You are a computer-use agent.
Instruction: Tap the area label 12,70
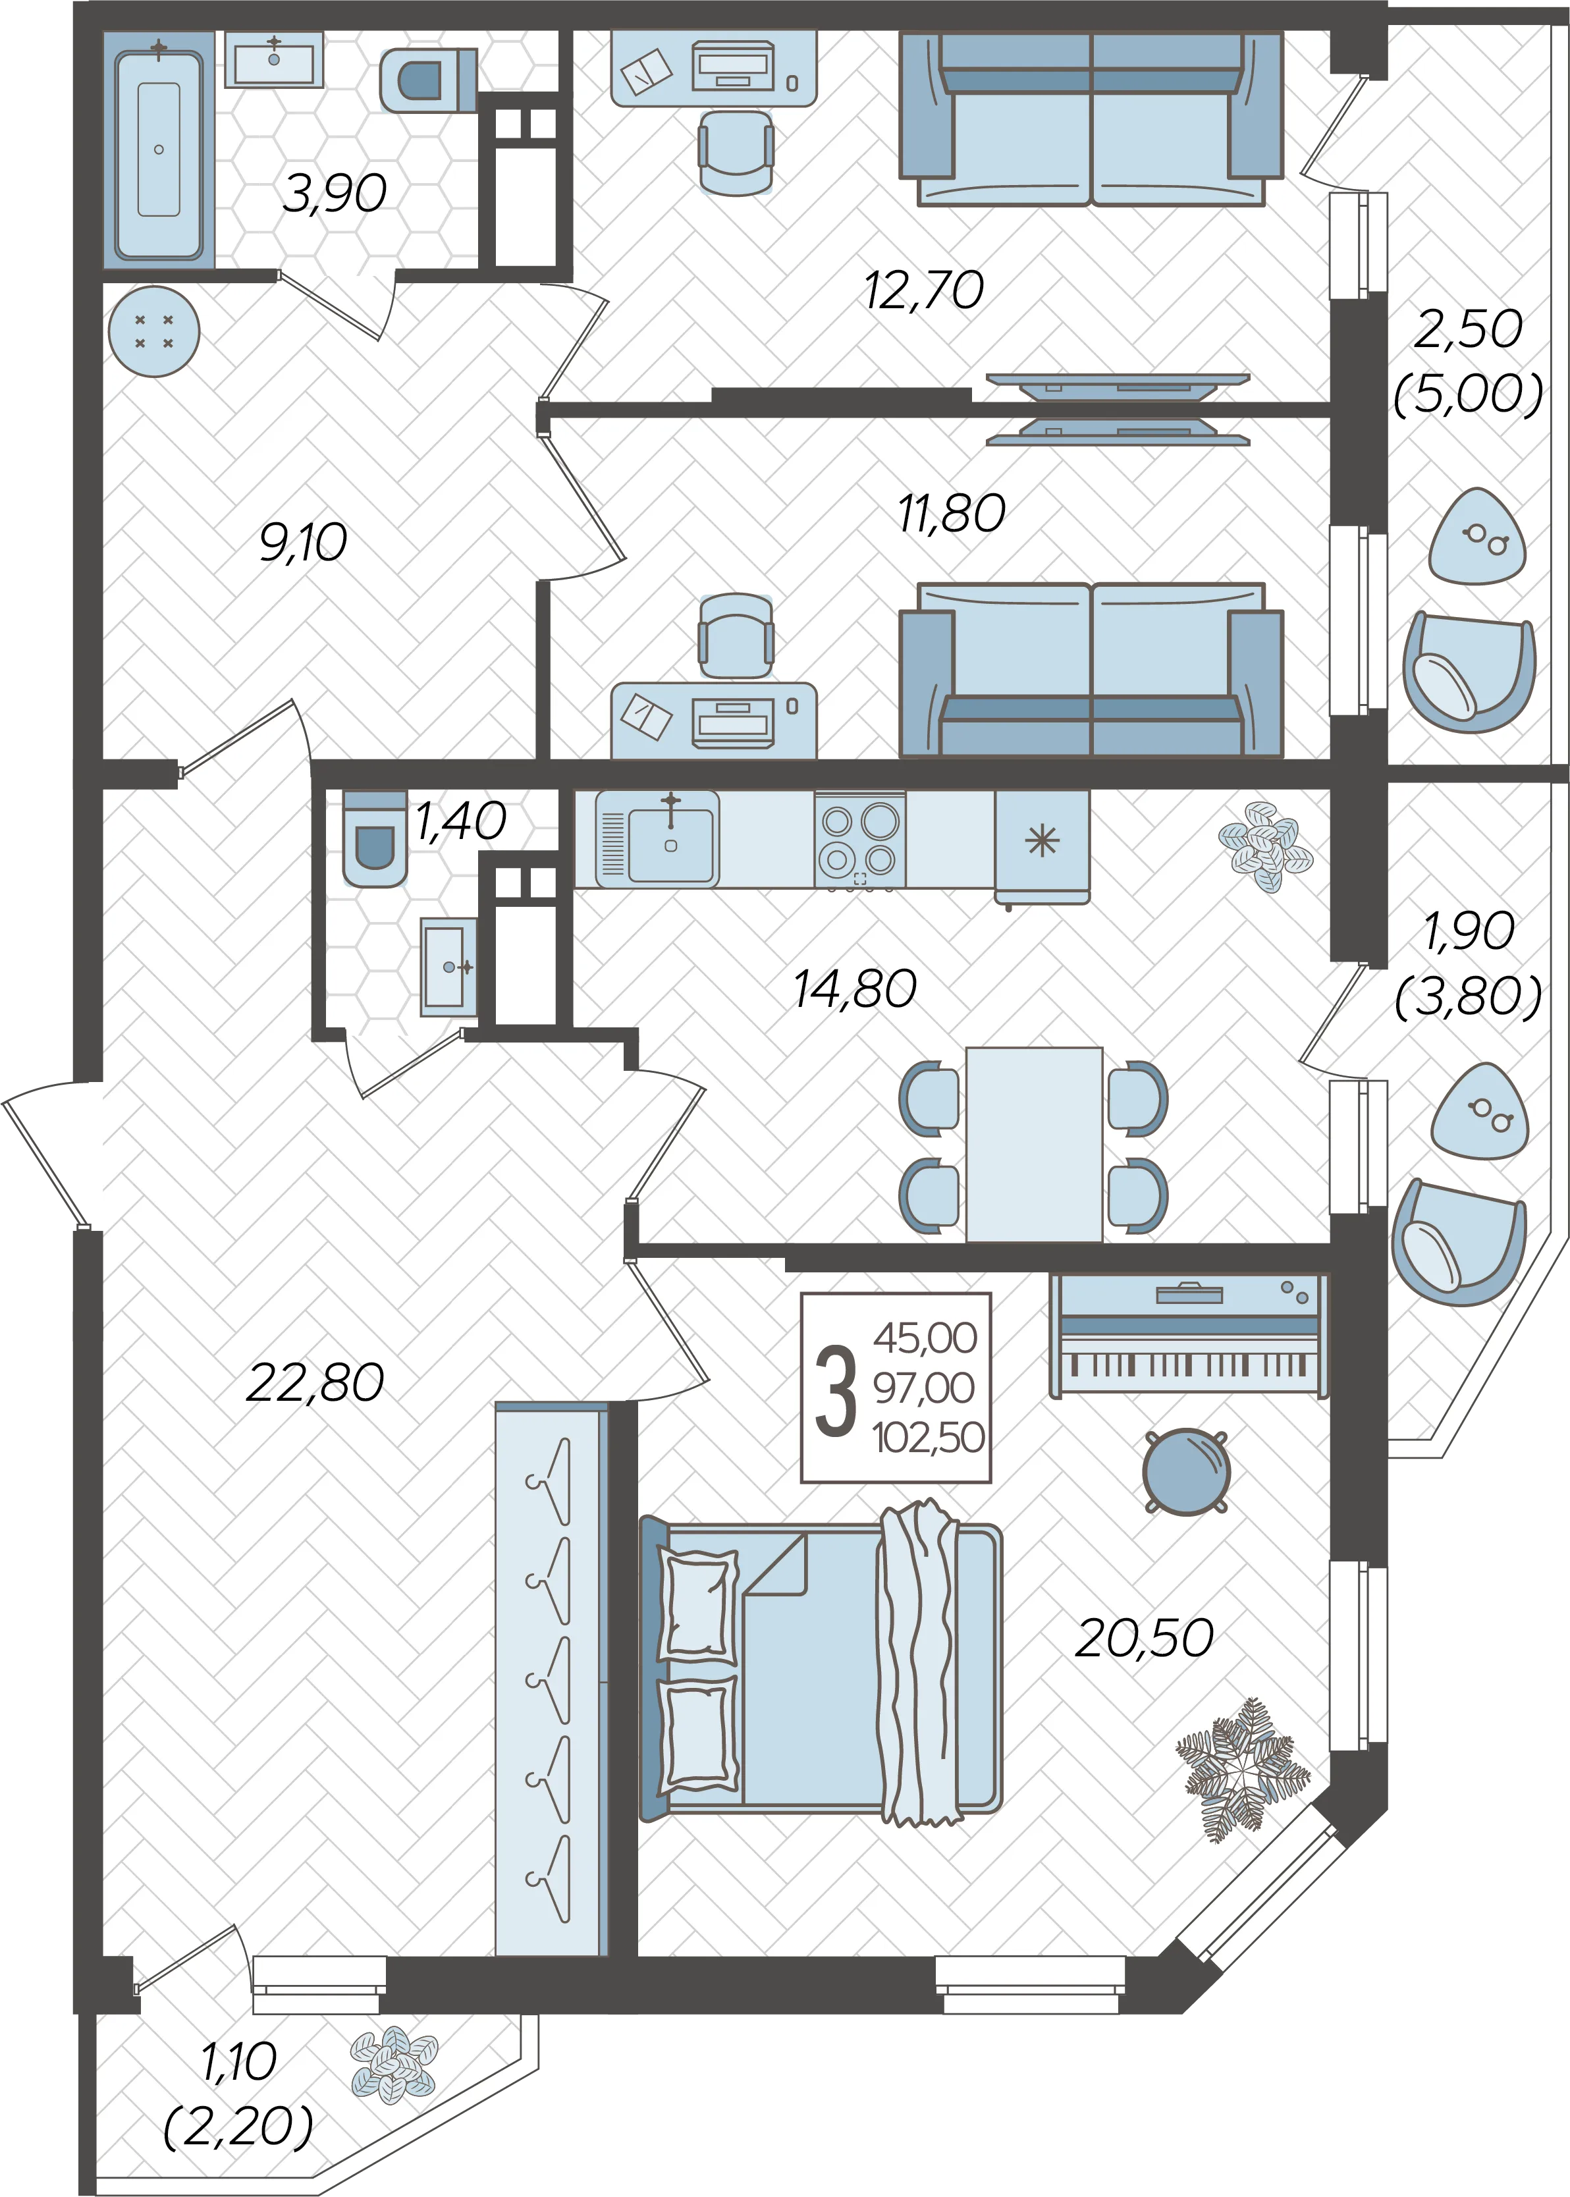pos(924,290)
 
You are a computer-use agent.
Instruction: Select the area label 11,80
pos(951,513)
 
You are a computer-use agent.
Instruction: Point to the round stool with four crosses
pos(153,331)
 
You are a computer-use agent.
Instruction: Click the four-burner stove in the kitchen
pos(859,839)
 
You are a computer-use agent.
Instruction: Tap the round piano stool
pos(1186,1471)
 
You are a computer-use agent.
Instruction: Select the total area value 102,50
pos(928,1437)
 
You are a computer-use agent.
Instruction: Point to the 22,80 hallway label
pos(315,1383)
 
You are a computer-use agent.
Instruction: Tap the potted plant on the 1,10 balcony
pos(393,2065)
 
